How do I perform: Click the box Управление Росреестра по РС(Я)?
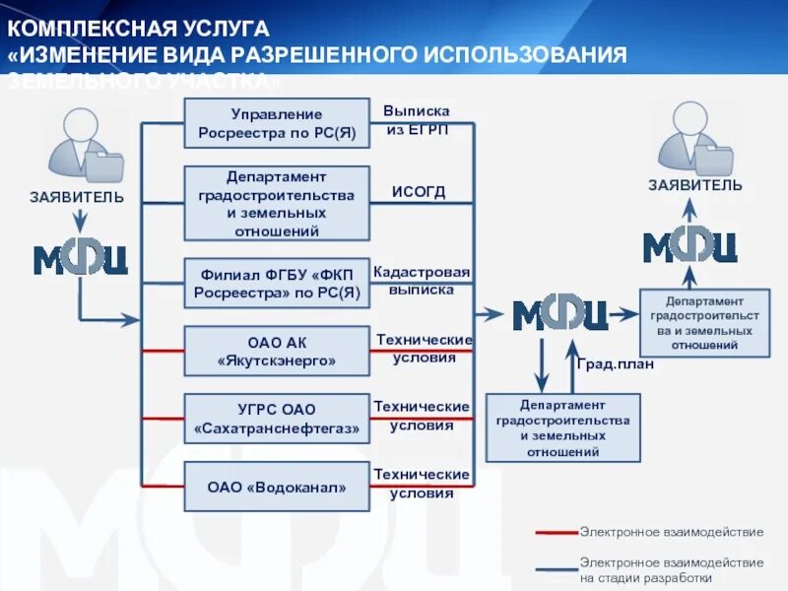(x=277, y=123)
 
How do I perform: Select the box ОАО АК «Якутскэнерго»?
(x=277, y=352)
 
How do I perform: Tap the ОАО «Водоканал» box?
(x=277, y=487)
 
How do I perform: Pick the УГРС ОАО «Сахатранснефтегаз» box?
(x=277, y=419)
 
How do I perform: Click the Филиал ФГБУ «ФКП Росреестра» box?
(x=277, y=284)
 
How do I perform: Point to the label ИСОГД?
(x=419, y=192)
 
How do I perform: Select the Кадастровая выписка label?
(x=422, y=281)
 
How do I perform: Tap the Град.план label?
(x=615, y=363)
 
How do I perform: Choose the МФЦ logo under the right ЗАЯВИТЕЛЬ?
(x=690, y=245)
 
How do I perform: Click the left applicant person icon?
(x=84, y=148)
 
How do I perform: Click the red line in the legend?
(x=557, y=532)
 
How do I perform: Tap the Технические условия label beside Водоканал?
(x=422, y=485)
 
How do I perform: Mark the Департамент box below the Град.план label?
(x=562, y=427)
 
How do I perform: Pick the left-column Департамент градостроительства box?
(x=277, y=203)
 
